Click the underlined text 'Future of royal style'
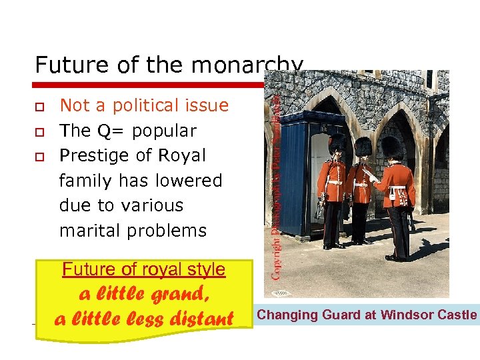[143, 269]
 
